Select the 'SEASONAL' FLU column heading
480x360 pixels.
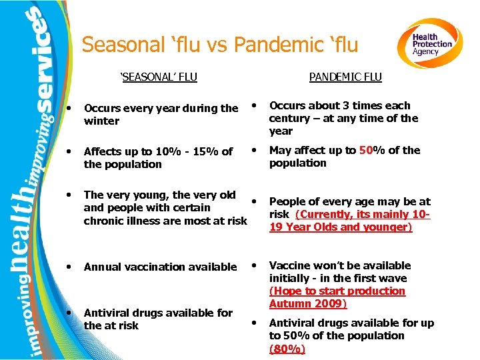click(x=159, y=77)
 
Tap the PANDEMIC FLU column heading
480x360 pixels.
click(x=345, y=77)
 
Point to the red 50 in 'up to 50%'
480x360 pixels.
click(x=367, y=151)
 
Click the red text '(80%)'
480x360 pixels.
click(x=287, y=349)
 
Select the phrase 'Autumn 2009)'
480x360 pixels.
click(x=308, y=304)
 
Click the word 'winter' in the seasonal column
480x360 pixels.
click(x=101, y=121)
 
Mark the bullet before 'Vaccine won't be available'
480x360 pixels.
click(x=254, y=265)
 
